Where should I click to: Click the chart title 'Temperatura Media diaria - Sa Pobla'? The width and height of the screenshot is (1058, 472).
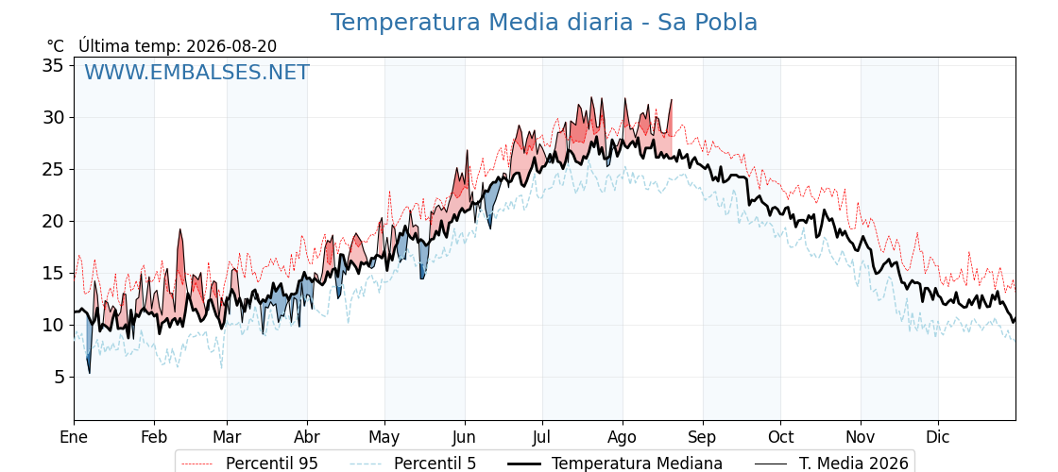click(x=544, y=23)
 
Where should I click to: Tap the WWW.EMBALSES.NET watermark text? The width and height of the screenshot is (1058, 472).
click(x=196, y=72)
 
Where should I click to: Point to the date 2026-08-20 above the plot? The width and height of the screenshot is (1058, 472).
click(x=231, y=46)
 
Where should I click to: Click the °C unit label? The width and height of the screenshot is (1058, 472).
click(x=56, y=46)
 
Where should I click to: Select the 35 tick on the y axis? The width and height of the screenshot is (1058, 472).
click(x=54, y=65)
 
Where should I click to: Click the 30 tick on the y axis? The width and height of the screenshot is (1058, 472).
click(x=54, y=117)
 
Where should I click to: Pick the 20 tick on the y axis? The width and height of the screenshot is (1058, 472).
click(x=54, y=221)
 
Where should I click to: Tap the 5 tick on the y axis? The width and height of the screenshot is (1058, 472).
click(x=59, y=377)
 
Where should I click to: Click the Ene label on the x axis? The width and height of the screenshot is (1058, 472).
click(x=74, y=437)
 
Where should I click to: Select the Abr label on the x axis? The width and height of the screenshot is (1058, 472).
click(x=307, y=437)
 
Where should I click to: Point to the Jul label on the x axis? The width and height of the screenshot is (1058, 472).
click(x=542, y=437)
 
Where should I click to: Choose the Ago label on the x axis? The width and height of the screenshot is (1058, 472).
click(x=623, y=438)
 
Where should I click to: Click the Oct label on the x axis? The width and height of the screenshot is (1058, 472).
click(x=780, y=437)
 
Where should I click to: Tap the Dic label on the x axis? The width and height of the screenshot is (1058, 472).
click(x=938, y=437)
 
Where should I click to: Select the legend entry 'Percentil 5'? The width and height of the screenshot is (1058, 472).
click(x=414, y=464)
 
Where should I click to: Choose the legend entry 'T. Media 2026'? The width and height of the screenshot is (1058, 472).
click(x=831, y=464)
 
